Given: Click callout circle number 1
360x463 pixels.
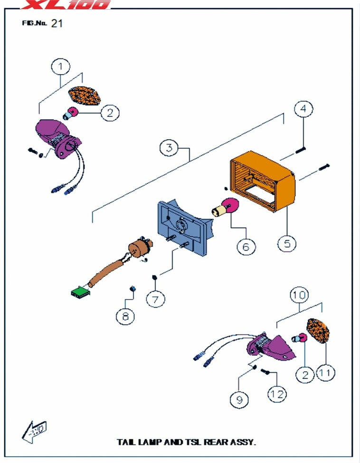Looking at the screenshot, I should (61, 66).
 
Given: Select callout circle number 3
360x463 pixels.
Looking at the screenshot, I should (169, 147).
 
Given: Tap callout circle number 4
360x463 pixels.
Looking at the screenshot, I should (303, 109).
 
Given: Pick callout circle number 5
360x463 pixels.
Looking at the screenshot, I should (287, 244).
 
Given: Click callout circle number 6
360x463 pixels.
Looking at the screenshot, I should (245, 246).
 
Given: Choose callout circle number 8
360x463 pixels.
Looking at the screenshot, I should (125, 316).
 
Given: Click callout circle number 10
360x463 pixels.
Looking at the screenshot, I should (300, 296).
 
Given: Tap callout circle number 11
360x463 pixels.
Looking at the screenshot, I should (325, 373).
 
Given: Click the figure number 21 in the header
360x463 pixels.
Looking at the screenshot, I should (57, 23).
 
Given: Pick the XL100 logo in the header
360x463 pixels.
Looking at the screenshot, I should (66, 5).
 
